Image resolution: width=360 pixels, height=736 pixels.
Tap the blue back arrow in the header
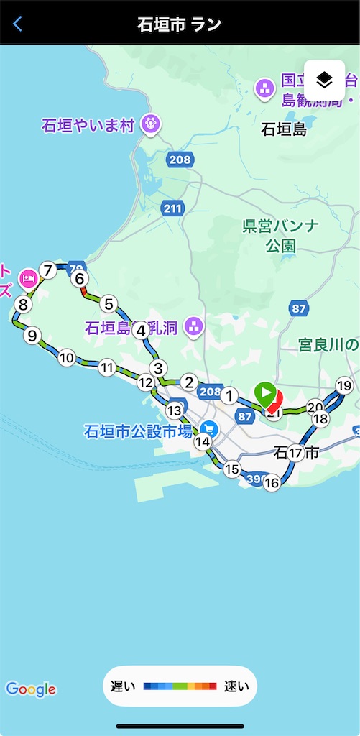click(17, 24)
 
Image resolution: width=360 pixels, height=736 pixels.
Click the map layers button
click(324, 80)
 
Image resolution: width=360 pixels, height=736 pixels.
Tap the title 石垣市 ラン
click(180, 24)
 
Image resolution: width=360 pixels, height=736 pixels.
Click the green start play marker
click(264, 392)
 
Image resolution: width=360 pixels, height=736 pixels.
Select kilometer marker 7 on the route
click(48, 270)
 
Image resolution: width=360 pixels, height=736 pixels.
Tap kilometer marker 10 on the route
click(67, 357)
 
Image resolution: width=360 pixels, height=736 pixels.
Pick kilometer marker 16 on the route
click(271, 483)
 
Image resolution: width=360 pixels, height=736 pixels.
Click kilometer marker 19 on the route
click(345, 385)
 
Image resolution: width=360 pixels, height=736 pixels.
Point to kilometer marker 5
click(109, 304)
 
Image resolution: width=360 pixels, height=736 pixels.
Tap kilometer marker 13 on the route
click(174, 411)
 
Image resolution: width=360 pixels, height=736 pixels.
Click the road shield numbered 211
click(172, 208)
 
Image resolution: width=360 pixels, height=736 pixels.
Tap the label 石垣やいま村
click(88, 126)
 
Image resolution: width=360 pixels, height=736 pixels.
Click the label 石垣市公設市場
click(139, 432)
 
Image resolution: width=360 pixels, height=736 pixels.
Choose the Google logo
click(31, 689)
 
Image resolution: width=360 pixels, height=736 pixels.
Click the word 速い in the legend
click(237, 686)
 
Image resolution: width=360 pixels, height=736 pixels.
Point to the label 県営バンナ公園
click(280, 236)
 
